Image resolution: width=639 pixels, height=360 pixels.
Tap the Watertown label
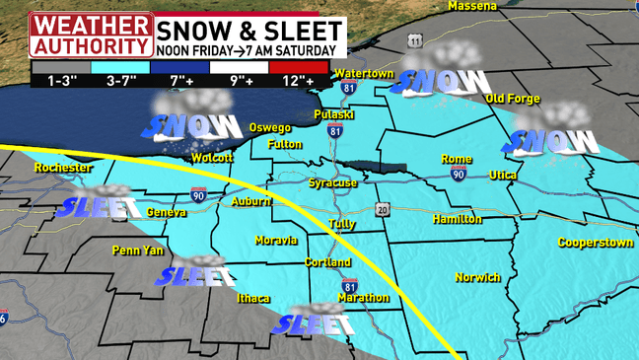[x=364, y=74]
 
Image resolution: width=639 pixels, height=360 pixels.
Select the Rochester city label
[x=62, y=168]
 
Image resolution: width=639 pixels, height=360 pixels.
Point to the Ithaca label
[x=253, y=298]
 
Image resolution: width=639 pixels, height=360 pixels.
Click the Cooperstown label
[x=595, y=242]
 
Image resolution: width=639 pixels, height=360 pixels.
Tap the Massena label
[x=472, y=6]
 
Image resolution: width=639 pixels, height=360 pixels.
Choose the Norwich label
[x=478, y=277]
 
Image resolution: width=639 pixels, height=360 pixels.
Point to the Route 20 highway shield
[x=383, y=209]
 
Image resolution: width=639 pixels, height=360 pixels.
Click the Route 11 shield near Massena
[x=416, y=40]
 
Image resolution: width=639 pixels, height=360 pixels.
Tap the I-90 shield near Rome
[x=459, y=174]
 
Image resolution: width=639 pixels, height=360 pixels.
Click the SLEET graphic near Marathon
[x=314, y=322]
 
